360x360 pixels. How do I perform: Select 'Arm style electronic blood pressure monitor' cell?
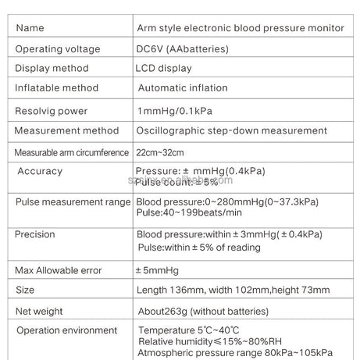[x=240, y=28]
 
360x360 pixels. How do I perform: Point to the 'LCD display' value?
[x=163, y=68]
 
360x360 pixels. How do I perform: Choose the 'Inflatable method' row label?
[x=57, y=88]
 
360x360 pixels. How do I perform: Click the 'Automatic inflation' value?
[x=182, y=88]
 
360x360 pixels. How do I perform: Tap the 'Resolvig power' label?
[x=52, y=111]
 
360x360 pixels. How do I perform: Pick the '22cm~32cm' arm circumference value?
[x=160, y=151]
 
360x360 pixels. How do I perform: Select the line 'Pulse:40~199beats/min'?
[x=189, y=212]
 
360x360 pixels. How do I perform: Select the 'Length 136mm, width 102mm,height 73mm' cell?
[x=233, y=290]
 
